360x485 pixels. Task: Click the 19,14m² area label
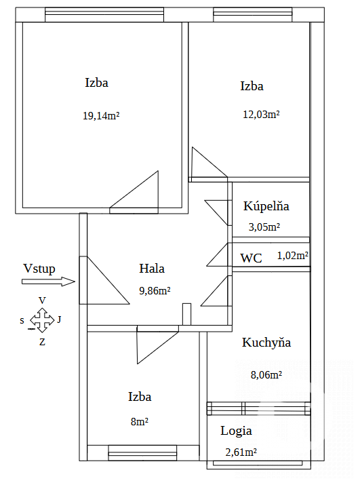point(101,116)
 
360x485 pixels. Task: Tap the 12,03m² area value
point(261,115)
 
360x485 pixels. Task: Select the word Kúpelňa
point(266,206)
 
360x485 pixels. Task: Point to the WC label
point(251,258)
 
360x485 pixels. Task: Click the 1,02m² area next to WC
point(293,256)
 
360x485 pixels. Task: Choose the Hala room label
point(152,268)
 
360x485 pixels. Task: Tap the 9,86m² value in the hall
point(155,291)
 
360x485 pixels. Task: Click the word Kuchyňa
point(266,343)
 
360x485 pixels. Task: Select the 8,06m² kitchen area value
point(266,375)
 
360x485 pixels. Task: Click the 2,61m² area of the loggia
point(241,452)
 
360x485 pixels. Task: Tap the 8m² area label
point(140,422)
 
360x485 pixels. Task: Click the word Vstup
point(39,269)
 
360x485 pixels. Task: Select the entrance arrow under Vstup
point(49,282)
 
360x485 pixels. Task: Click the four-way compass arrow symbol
point(42,320)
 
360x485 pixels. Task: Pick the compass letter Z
point(42,342)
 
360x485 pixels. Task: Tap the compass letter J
point(59,319)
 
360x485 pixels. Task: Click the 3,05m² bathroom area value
point(264,227)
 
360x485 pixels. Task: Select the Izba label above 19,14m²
point(97,83)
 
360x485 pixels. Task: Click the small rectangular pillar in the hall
point(186,314)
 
